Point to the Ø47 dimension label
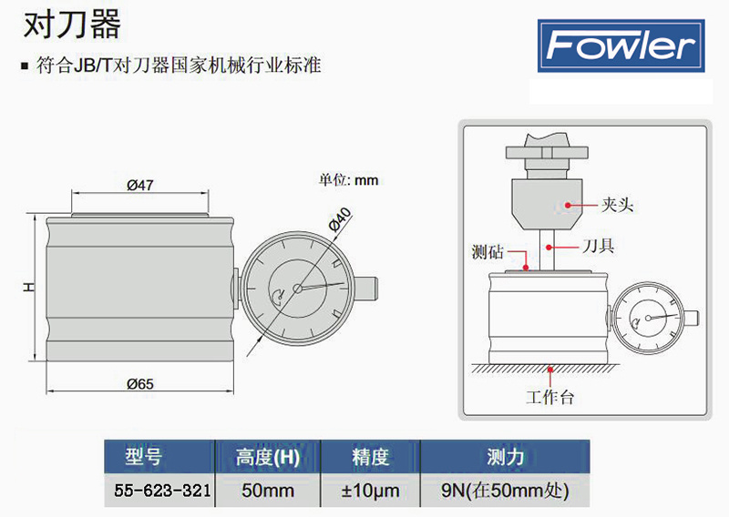[x=139, y=185]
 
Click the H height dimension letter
[x=28, y=288]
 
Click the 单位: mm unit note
[x=348, y=180]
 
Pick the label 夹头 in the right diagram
[x=617, y=206]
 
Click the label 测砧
[x=489, y=250]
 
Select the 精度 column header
[x=371, y=456]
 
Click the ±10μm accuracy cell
[x=371, y=491]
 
